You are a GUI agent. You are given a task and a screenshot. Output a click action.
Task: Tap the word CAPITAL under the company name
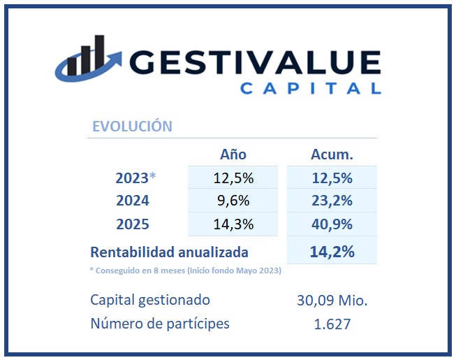pyautogui.click(x=310, y=89)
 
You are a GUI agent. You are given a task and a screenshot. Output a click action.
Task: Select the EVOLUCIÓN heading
pyautogui.click(x=132, y=127)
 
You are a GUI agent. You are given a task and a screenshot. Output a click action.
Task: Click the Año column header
pyautogui.click(x=233, y=154)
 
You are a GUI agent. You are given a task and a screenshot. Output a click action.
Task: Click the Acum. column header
pyautogui.click(x=332, y=154)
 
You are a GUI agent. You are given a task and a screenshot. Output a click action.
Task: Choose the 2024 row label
pyautogui.click(x=132, y=201)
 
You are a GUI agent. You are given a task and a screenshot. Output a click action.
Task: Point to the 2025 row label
pyautogui.click(x=132, y=225)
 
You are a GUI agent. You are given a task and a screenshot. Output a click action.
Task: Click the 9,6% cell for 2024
pyautogui.click(x=233, y=201)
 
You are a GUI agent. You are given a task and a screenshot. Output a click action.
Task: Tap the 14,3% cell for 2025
pyautogui.click(x=233, y=225)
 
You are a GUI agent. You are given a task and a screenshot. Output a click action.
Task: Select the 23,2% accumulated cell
pyautogui.click(x=332, y=201)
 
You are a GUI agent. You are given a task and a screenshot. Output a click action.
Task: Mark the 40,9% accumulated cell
pyautogui.click(x=332, y=225)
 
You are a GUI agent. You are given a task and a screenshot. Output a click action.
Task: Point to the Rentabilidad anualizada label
pyautogui.click(x=170, y=252)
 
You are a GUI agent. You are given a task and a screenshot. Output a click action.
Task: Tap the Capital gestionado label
pyautogui.click(x=149, y=300)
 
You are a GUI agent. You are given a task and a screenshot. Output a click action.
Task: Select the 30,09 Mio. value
pyautogui.click(x=332, y=301)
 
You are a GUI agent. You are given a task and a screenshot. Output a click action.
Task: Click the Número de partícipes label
pyautogui.click(x=159, y=324)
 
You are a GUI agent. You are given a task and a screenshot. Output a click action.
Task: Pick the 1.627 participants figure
pyautogui.click(x=332, y=324)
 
